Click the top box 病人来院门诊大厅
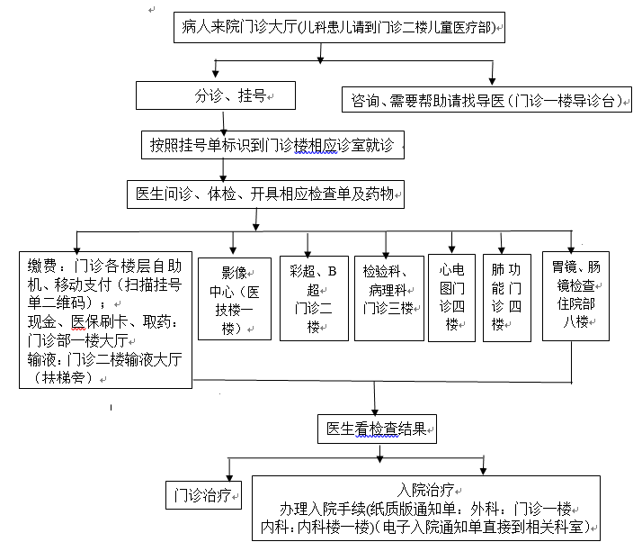pyautogui.click(x=338, y=27)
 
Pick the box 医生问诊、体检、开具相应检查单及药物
pyautogui.click(x=266, y=194)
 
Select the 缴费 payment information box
pyautogui.click(x=105, y=320)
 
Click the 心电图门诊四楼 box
pyautogui.click(x=451, y=297)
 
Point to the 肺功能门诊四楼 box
pyautogui.click(x=506, y=297)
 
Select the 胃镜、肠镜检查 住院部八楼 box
pyautogui.click(x=575, y=296)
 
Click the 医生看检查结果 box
pyautogui.click(x=377, y=429)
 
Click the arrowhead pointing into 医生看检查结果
pyautogui.click(x=377, y=410)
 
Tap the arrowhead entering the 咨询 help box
pyautogui.click(x=492, y=83)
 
